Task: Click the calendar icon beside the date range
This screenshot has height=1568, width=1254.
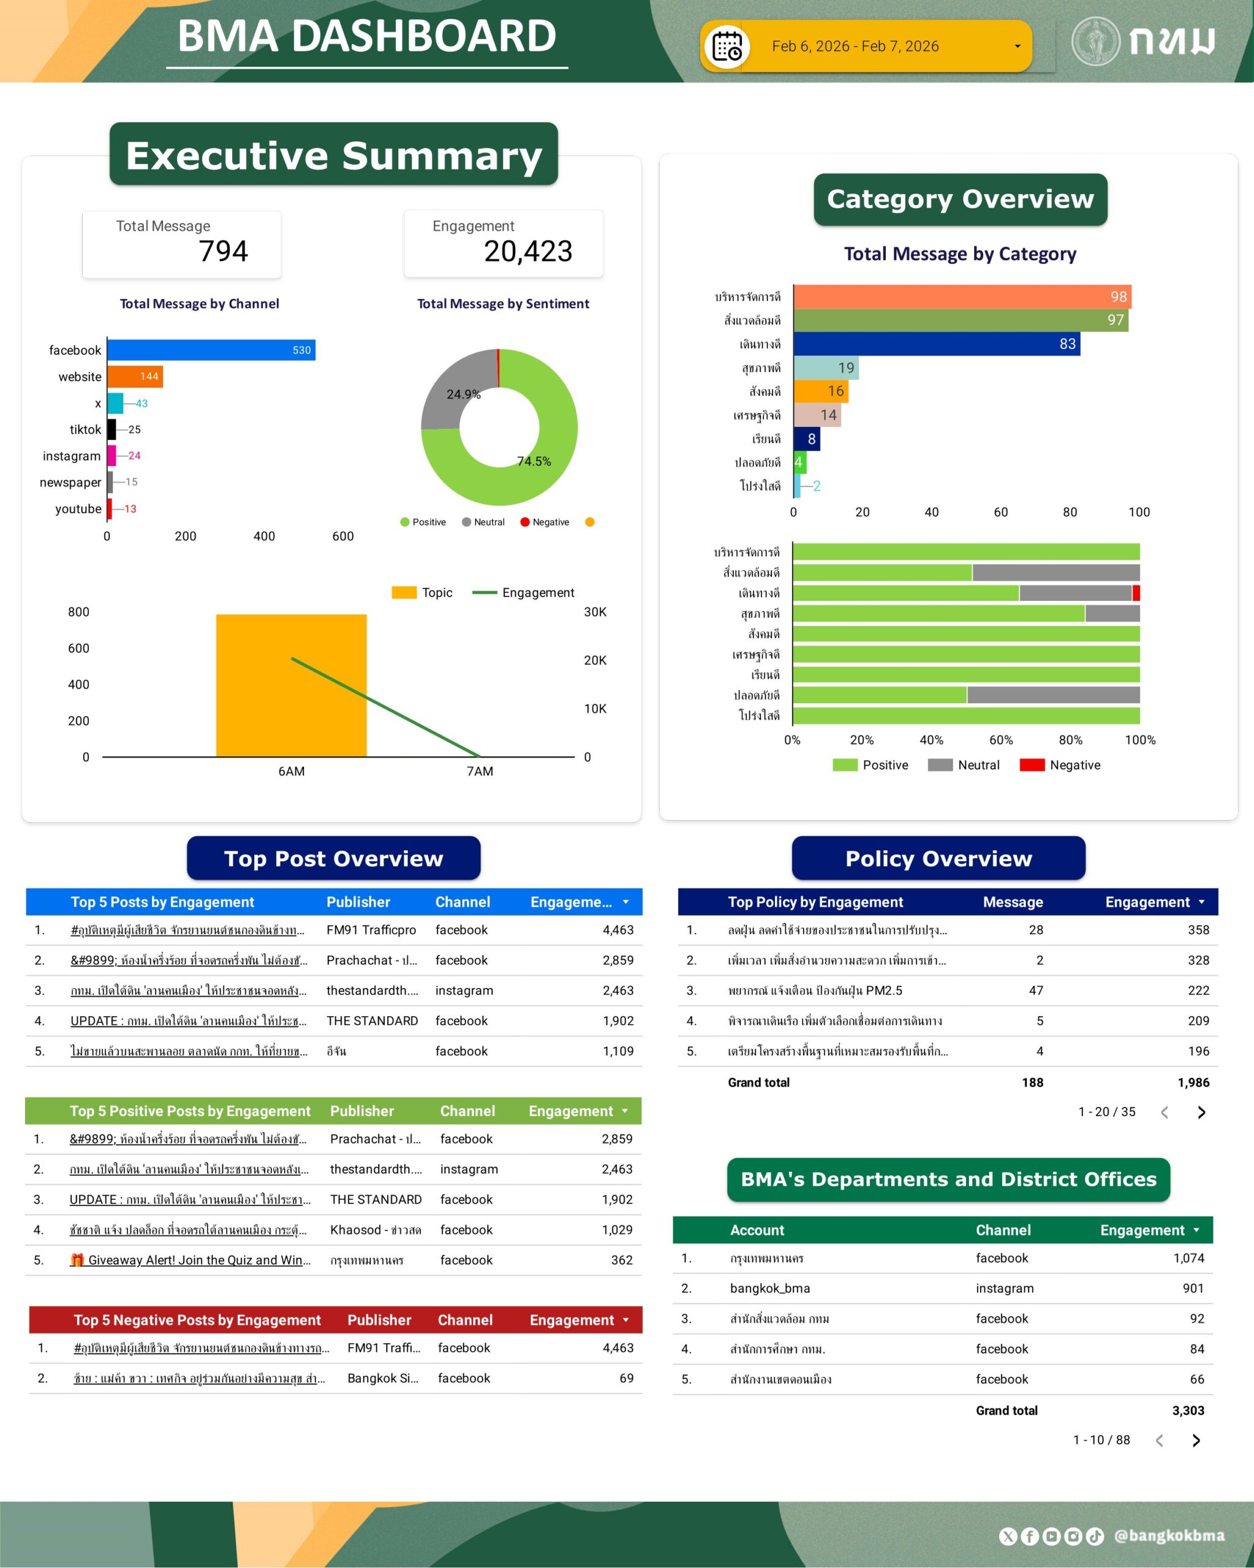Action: [727, 47]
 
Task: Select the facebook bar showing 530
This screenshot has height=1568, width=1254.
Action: [211, 350]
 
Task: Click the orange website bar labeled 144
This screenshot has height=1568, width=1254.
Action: [135, 377]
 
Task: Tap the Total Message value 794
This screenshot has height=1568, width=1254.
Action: [224, 252]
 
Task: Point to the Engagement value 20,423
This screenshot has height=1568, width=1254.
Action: [528, 252]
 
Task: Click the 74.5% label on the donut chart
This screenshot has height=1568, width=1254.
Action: [534, 461]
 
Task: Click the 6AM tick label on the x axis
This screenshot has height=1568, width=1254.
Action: [291, 772]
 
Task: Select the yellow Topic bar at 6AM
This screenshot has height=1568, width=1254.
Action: [291, 685]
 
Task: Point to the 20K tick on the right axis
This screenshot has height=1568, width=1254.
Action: [595, 660]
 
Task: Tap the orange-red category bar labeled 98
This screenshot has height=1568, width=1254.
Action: [962, 296]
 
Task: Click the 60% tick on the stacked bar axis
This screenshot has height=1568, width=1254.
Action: [1000, 741]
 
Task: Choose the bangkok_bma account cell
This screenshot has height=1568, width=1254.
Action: [769, 1289]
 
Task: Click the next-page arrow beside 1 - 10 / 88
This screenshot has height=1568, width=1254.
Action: [1196, 1441]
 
